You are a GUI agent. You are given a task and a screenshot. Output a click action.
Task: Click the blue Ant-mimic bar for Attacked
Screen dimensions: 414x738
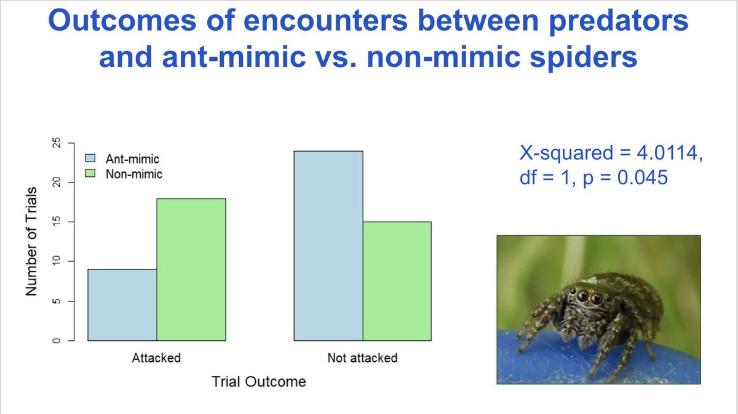tap(122, 305)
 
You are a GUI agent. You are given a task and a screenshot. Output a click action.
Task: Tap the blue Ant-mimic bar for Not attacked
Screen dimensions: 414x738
tap(328, 246)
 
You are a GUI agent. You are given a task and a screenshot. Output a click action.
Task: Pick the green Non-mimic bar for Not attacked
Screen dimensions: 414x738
tap(397, 281)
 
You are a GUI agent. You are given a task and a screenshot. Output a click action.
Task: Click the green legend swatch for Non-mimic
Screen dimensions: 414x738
tap(90, 174)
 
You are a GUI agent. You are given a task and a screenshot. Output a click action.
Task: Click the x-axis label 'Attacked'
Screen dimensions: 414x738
tap(157, 358)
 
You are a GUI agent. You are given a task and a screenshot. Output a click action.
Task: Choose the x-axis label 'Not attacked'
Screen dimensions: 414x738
tap(362, 358)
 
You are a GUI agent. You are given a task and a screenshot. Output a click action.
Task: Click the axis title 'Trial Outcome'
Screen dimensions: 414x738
tap(259, 381)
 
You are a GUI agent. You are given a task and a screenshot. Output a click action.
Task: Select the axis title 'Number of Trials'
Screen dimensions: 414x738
tap(32, 242)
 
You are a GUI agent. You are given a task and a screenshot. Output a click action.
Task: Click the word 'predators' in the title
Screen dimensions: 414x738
tap(616, 23)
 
